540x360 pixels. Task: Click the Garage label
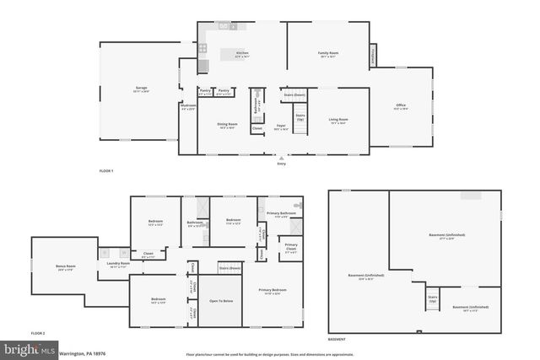coord(141,89)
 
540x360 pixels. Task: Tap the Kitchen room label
coord(242,54)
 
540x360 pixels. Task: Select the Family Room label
coord(327,54)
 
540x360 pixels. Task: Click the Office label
coord(401,106)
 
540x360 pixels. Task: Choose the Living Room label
coord(339,121)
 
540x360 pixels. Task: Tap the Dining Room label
coord(228,126)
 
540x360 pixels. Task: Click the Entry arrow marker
coord(281,157)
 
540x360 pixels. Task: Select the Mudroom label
coord(188,107)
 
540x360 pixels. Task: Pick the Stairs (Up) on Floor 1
coord(300,118)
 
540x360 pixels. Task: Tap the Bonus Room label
coord(65,268)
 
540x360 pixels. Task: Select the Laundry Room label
coord(117,265)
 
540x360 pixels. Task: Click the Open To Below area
coord(221,301)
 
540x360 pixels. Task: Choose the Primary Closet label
coord(290,247)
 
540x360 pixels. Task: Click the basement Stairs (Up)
coord(433,299)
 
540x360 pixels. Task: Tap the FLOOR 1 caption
coord(106,171)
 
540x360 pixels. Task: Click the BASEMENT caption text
coord(337,340)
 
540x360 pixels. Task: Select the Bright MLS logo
coord(30,348)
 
